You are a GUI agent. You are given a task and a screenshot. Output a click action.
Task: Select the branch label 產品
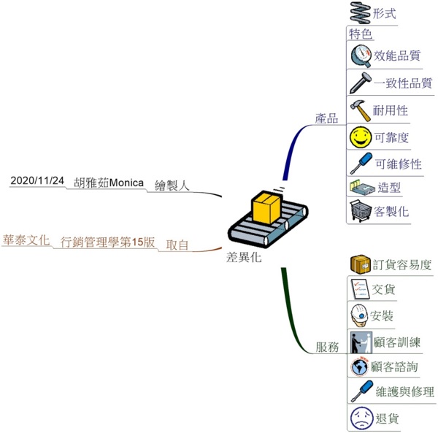click(326, 118)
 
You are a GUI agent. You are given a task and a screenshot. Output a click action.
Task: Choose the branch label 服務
click(326, 348)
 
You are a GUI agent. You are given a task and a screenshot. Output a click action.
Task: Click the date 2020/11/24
click(37, 180)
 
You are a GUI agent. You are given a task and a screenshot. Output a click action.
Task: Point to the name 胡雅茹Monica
click(109, 183)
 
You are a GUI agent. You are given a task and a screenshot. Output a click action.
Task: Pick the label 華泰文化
click(26, 240)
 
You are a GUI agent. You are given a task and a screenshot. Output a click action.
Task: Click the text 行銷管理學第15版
click(108, 242)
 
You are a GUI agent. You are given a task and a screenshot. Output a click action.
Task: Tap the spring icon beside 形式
click(360, 13)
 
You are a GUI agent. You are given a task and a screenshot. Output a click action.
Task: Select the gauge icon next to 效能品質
click(361, 55)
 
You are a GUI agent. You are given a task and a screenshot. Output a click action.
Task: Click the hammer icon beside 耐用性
click(360, 110)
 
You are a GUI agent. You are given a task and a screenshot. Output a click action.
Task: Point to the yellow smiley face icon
click(360, 137)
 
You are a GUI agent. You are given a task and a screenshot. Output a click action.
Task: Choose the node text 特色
click(361, 34)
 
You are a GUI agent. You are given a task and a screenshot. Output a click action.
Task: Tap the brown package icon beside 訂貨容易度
click(359, 264)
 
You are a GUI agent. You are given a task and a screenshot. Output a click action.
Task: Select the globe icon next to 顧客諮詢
click(359, 366)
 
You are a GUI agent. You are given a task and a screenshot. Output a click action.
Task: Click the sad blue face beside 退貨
click(360, 418)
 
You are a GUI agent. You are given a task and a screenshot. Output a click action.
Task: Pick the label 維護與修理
click(404, 392)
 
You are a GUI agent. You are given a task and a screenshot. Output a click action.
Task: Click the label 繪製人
click(172, 185)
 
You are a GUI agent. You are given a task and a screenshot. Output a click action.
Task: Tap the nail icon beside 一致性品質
click(360, 83)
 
